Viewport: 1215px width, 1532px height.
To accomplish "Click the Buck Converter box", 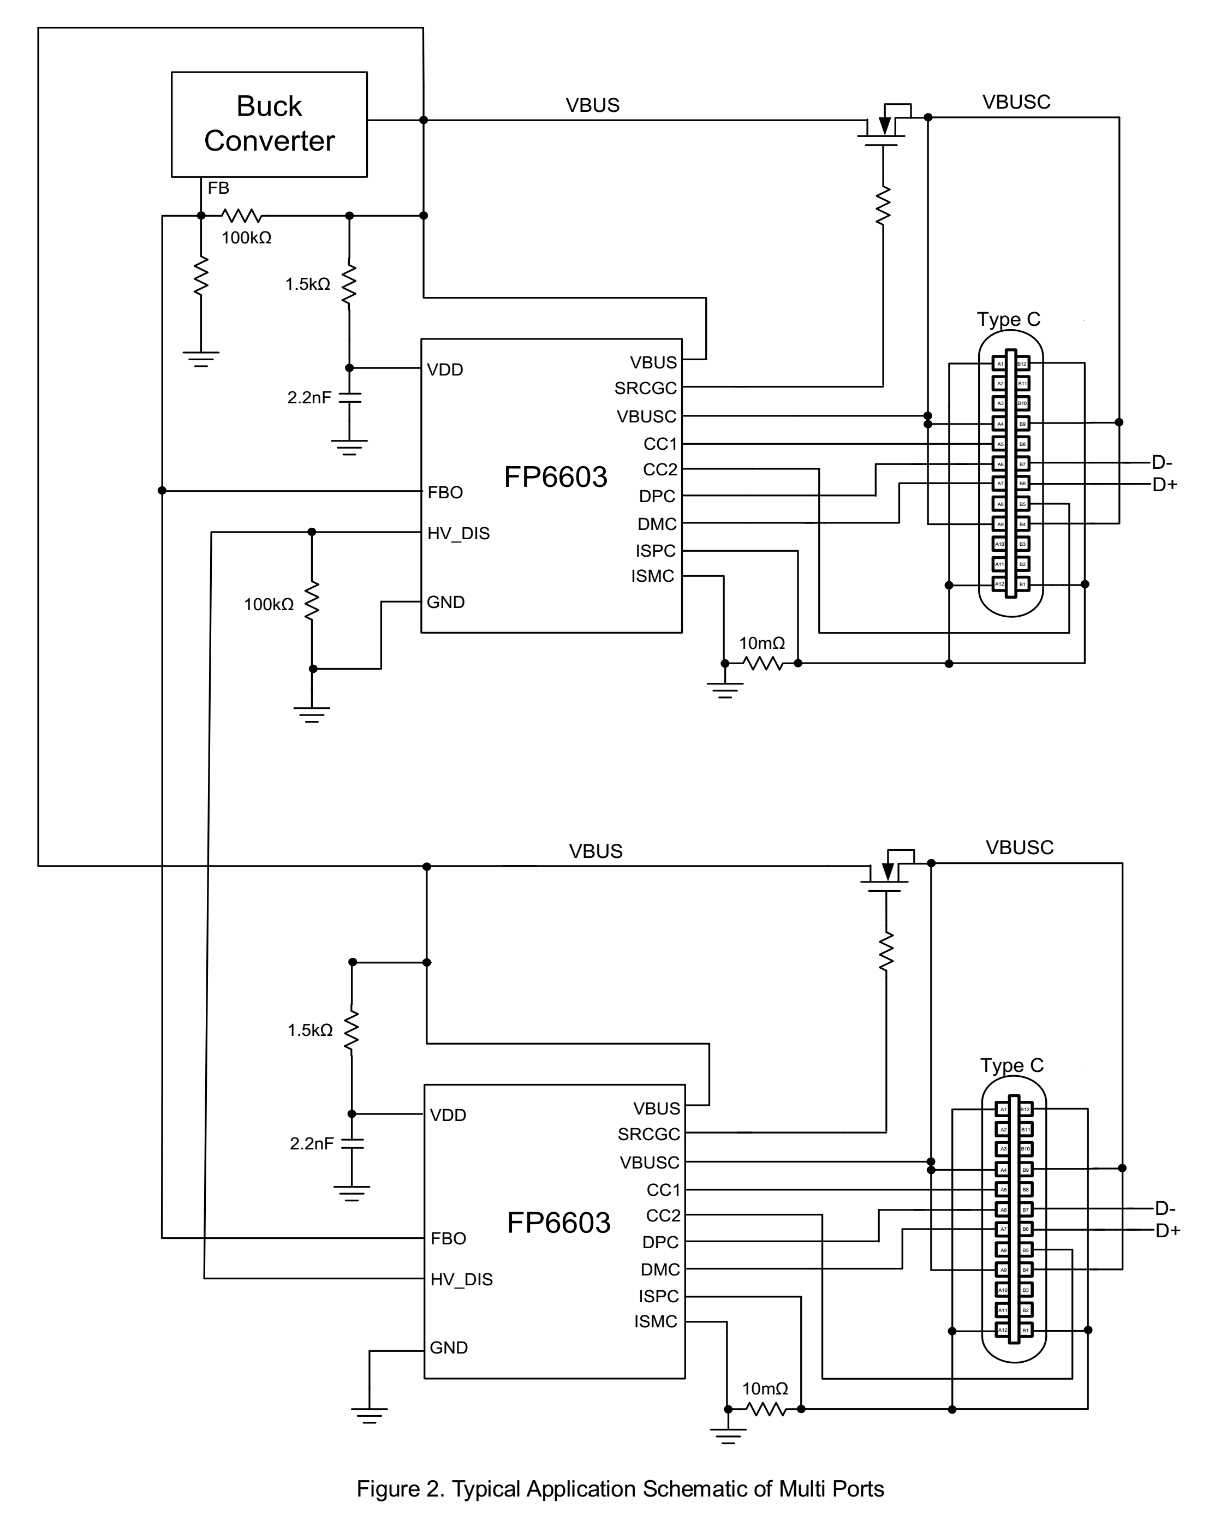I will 269,124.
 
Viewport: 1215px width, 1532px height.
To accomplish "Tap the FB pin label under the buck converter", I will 218,188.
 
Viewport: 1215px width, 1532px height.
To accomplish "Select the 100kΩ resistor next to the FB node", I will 242,215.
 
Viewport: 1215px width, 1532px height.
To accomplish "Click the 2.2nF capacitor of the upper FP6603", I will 349,397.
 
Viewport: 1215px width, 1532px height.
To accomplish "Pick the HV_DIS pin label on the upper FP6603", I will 458,534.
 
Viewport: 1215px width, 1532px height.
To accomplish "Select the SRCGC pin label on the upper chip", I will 645,389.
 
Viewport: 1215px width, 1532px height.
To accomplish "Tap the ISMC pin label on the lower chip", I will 655,1322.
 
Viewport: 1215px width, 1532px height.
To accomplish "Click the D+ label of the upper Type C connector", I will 1165,485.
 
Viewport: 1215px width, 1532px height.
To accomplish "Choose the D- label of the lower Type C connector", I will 1165,1209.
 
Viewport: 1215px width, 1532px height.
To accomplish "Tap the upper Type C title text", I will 1008,320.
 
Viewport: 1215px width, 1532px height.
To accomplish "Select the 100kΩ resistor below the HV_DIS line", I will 312,601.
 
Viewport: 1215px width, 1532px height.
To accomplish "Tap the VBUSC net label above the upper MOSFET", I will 1016,102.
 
